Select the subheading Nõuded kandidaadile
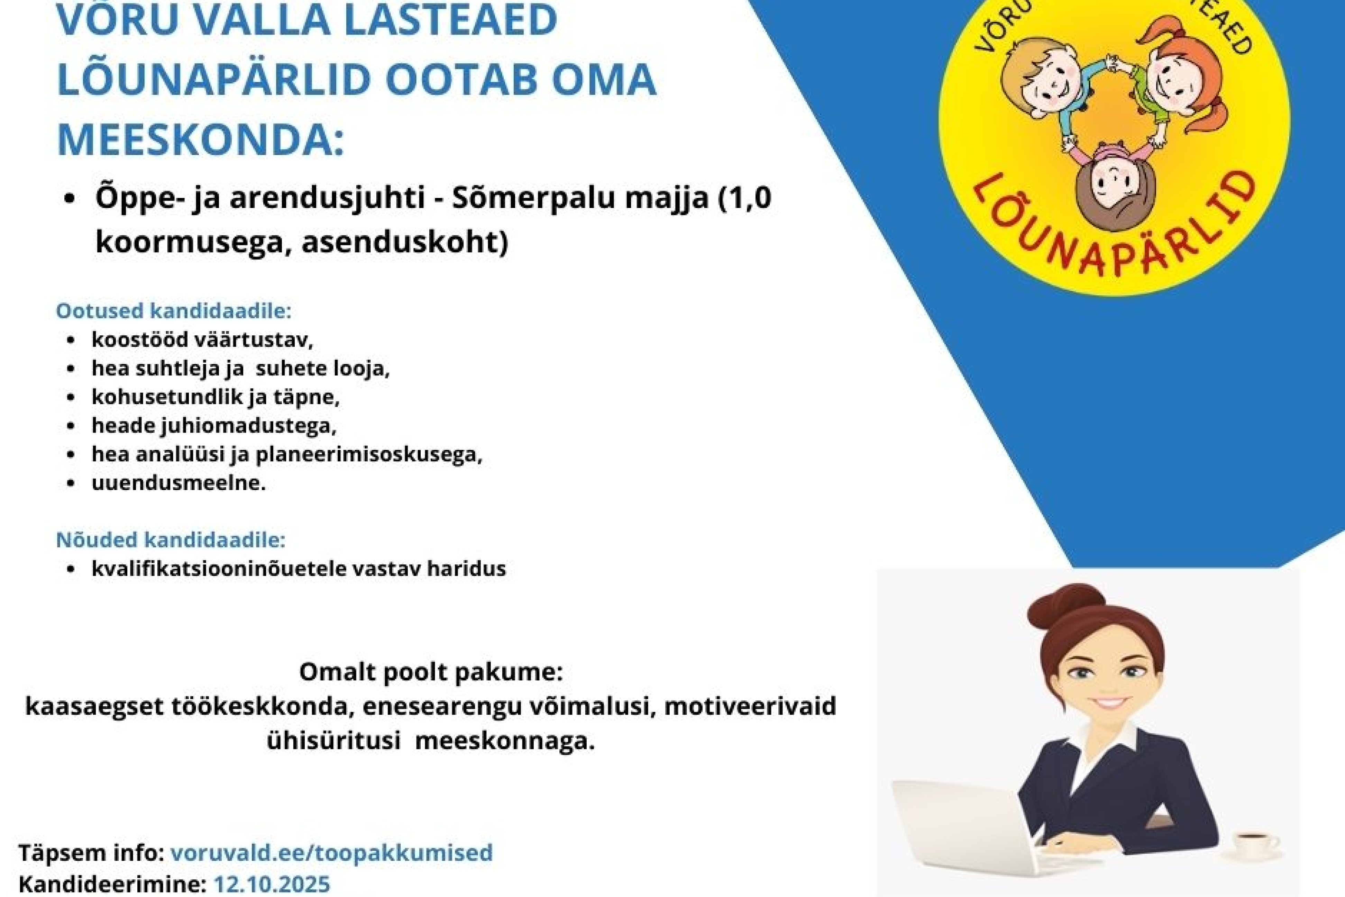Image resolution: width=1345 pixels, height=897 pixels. coord(171,540)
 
